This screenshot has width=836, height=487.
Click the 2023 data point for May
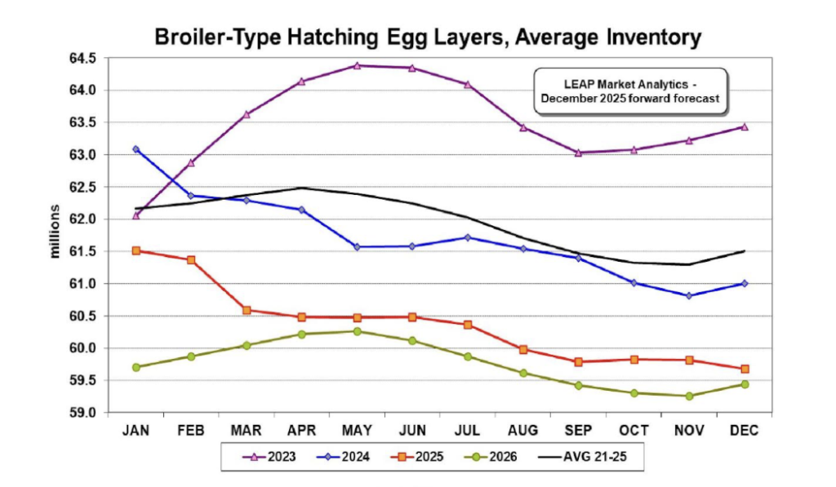(357, 65)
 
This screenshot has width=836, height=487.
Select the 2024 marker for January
(136, 149)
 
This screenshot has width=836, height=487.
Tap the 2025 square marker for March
(247, 310)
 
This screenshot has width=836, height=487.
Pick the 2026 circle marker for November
(689, 396)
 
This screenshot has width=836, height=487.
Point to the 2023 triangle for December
(745, 126)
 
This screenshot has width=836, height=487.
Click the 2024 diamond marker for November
(689, 295)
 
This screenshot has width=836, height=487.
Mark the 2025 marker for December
(745, 369)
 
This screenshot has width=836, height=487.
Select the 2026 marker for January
(136, 367)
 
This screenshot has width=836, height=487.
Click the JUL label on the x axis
(468, 430)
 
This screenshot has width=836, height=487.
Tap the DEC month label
(745, 430)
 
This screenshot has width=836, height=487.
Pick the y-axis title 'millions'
(56, 232)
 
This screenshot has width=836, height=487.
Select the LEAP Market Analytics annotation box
(629, 91)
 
